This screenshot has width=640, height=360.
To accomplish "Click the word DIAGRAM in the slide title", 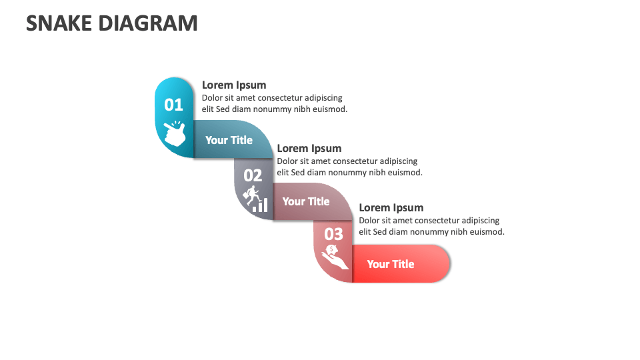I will pyautogui.click(x=147, y=23).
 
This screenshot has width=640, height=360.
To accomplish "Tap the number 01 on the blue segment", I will pyautogui.click(x=173, y=105).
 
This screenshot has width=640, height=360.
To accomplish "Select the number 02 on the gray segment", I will pyautogui.click(x=253, y=175).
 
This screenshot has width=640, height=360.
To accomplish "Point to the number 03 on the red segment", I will pyautogui.click(x=333, y=234).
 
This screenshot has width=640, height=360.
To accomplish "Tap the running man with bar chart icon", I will pyautogui.click(x=255, y=199).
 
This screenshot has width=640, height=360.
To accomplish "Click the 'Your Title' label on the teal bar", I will pyautogui.click(x=229, y=140).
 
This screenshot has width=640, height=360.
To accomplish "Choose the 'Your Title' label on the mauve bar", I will pyautogui.click(x=305, y=201).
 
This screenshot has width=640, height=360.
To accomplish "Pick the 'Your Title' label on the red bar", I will pyautogui.click(x=390, y=264).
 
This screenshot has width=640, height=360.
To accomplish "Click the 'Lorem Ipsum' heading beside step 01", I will pyautogui.click(x=234, y=85).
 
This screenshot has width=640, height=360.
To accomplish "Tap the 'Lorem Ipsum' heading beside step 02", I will pyautogui.click(x=309, y=149).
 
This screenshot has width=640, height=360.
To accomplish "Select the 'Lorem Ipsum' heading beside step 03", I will pyautogui.click(x=391, y=208).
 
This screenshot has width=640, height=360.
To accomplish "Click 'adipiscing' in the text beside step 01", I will pyautogui.click(x=322, y=98).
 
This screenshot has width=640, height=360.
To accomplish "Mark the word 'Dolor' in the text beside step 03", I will pyautogui.click(x=370, y=221).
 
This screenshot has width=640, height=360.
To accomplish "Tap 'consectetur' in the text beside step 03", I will pyautogui.click(x=435, y=221).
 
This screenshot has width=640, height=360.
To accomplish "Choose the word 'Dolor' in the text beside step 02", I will pyautogui.click(x=288, y=161).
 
